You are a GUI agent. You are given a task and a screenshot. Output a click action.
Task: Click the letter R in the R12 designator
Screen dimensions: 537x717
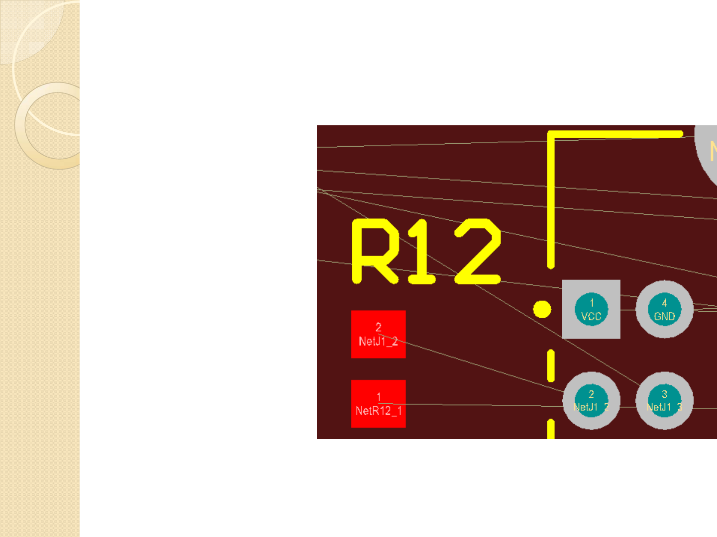click(374, 252)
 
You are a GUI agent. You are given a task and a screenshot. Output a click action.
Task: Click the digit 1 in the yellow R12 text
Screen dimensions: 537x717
click(422, 252)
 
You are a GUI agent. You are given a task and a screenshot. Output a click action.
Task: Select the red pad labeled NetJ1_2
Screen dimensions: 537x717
click(378, 334)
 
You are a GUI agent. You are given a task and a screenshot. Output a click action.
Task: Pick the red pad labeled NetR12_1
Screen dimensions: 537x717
click(378, 404)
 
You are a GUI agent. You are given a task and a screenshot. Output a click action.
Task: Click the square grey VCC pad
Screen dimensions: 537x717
click(591, 309)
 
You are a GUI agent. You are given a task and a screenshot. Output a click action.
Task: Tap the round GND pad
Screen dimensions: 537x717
click(664, 309)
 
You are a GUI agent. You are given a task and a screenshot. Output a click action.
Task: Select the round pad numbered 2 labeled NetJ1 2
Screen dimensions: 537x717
click(591, 401)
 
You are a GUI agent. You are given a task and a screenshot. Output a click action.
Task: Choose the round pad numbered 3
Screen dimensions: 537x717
click(664, 401)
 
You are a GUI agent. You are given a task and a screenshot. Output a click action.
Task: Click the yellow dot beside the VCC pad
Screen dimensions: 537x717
click(542, 309)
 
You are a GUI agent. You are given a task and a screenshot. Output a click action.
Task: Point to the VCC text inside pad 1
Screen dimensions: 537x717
click(591, 316)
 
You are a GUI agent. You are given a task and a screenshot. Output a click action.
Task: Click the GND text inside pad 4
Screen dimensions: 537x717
click(664, 316)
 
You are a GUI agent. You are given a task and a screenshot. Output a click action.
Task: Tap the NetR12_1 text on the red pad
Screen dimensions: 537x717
click(378, 411)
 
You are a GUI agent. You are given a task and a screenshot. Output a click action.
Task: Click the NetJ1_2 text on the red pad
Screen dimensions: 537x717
click(378, 341)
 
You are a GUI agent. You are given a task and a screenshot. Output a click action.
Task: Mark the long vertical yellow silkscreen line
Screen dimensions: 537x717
click(551, 199)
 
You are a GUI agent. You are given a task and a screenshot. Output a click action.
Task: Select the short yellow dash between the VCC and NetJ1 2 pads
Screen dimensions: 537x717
click(551, 366)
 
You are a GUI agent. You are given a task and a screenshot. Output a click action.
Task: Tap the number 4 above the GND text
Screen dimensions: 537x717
click(664, 303)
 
